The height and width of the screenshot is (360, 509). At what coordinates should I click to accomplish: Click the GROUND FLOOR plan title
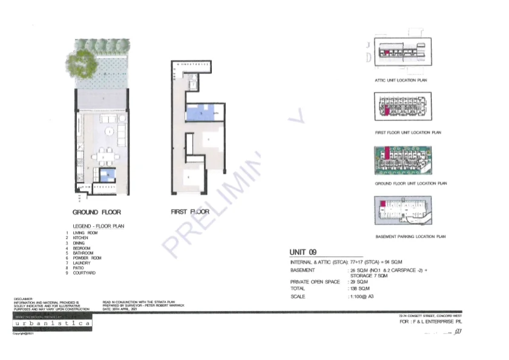pos(96,212)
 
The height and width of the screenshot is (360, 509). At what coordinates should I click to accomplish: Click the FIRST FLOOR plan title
pos(190,212)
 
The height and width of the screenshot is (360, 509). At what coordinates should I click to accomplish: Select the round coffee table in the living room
pos(109,131)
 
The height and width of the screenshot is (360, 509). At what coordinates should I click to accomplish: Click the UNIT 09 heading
pos(303,252)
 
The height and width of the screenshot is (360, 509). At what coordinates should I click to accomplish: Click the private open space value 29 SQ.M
pos(358,282)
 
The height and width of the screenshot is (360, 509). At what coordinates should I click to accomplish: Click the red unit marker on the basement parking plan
pos(383,210)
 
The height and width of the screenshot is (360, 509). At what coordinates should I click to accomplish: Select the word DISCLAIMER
pos(23,299)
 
